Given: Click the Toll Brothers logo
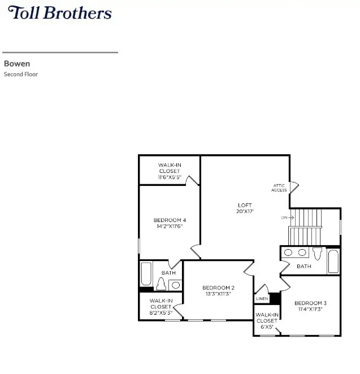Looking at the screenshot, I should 60,13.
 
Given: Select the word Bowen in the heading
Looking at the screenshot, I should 17,64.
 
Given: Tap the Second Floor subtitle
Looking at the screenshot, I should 21,74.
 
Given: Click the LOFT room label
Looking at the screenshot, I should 245,205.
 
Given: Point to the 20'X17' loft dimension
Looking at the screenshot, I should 245,211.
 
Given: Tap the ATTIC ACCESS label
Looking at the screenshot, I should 279,188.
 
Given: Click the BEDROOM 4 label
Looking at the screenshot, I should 170,220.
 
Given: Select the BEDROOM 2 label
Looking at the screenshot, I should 218,288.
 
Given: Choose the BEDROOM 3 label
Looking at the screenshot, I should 310,303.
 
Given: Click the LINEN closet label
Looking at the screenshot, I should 262,298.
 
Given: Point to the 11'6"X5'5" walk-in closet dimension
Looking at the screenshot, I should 169,177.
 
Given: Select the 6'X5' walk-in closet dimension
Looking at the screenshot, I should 266,327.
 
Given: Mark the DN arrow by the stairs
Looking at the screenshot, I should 288,218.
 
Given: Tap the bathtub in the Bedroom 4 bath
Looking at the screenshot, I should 146,275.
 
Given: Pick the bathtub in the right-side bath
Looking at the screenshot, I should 333,262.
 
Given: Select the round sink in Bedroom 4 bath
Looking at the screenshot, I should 175,285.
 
